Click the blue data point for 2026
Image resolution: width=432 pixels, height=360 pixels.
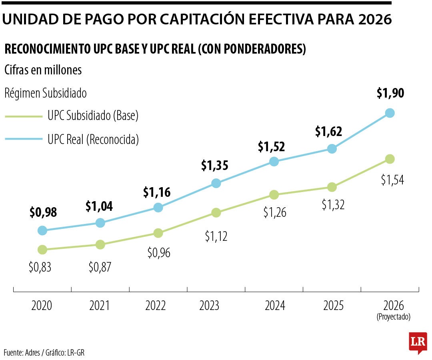[390, 113]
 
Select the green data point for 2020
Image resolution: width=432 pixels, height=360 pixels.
[42, 250]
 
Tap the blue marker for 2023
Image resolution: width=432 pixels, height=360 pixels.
[216, 183]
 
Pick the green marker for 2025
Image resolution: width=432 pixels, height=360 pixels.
[332, 187]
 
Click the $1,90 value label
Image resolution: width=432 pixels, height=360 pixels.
[390, 93]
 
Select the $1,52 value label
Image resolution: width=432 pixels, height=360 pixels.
[271, 147]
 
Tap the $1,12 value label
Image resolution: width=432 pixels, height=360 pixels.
[216, 236]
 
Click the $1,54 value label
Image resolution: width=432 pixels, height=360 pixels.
[392, 180]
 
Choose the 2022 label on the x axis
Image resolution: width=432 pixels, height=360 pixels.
[156, 306]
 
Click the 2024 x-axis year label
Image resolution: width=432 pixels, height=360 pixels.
[275, 306]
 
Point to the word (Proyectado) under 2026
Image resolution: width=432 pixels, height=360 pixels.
[393, 317]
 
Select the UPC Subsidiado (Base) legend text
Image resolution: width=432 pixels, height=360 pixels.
[93, 116]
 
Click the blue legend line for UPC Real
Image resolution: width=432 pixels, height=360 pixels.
[24, 139]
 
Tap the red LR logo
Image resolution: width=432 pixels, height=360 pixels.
[418, 342]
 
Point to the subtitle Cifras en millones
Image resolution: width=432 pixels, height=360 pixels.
[43, 70]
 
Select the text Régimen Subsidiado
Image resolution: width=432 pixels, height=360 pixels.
[46, 93]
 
